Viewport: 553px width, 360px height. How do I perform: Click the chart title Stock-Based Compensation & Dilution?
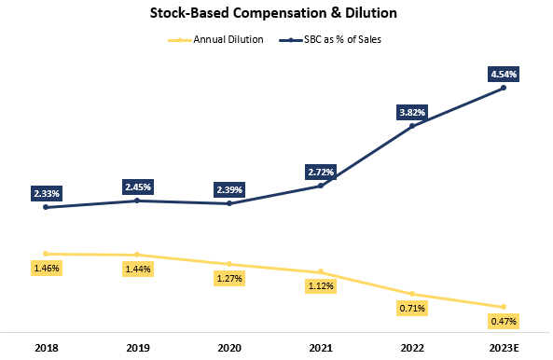tap(276, 15)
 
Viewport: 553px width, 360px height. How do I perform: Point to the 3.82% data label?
tap(412, 112)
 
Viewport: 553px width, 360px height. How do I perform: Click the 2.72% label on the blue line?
tap(321, 172)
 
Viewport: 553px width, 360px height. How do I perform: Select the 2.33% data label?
tap(46, 193)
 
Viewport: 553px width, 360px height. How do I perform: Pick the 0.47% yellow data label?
tap(504, 321)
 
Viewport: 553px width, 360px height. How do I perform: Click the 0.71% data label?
tap(412, 308)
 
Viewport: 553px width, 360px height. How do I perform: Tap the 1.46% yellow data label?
tap(46, 268)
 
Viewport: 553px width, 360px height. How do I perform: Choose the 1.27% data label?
tap(229, 278)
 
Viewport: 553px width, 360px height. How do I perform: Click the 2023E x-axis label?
tap(504, 347)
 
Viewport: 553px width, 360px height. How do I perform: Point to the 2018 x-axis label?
tap(46, 347)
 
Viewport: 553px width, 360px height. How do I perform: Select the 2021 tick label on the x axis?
tap(321, 347)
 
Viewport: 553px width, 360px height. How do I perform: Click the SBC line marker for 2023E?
tap(504, 88)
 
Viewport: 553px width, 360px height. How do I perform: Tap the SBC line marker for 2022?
tap(412, 126)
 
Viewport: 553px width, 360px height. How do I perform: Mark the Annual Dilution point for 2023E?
tap(504, 307)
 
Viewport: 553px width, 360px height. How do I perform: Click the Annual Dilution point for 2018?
tap(46, 254)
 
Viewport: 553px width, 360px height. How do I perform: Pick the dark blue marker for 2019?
tap(137, 201)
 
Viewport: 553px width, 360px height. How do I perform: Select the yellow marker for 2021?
tap(321, 271)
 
